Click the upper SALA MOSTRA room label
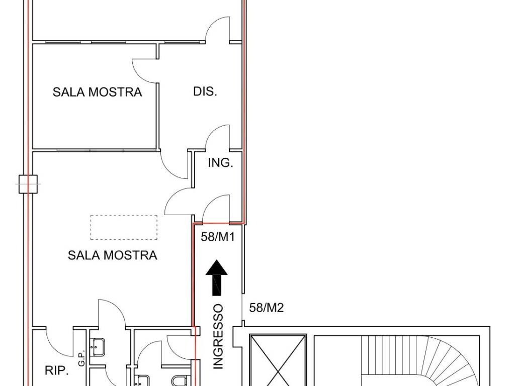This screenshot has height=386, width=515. (x=97, y=92)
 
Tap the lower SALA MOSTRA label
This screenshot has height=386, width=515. (x=112, y=255)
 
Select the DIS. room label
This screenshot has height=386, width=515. (x=205, y=91)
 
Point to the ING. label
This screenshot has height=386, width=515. (x=220, y=163)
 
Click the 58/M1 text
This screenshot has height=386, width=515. (x=218, y=237)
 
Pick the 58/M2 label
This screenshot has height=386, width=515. (x=267, y=308)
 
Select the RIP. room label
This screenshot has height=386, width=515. (x=56, y=371)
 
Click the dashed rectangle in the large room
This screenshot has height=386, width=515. (x=124, y=227)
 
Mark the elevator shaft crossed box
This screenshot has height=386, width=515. (x=278, y=359)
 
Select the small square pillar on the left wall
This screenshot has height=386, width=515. (x=29, y=184)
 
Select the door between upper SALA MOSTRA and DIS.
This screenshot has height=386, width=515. (x=145, y=70)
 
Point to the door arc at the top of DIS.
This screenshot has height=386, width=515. (x=219, y=29)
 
